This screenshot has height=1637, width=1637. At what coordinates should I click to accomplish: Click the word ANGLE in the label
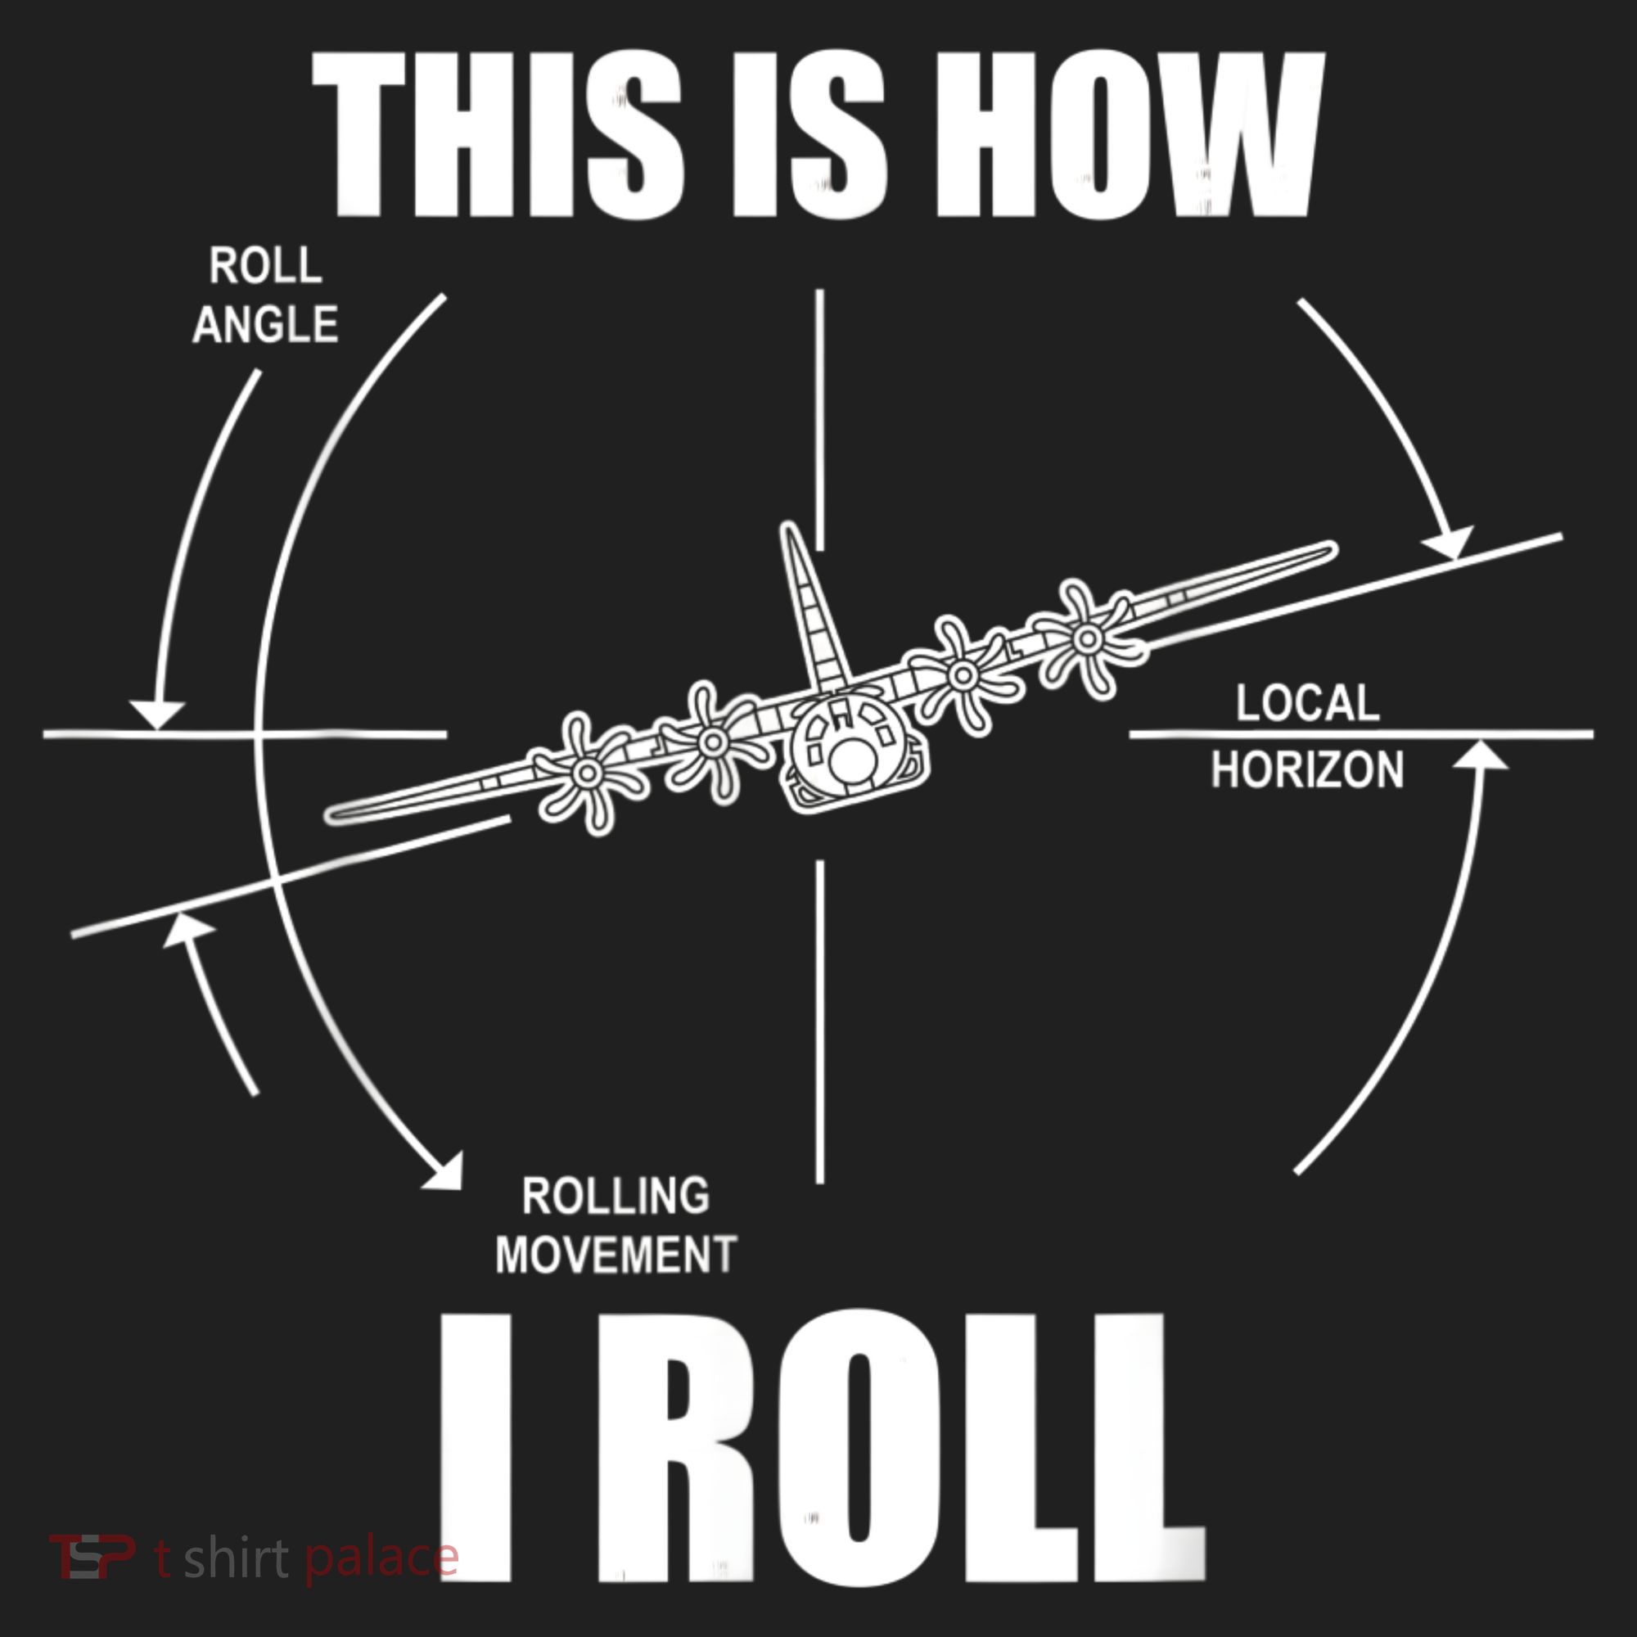point(265,324)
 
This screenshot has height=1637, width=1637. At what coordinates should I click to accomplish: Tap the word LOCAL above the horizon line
point(1307,703)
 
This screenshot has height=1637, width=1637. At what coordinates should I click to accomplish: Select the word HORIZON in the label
point(1307,770)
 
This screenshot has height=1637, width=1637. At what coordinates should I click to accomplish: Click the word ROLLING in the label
point(616,1196)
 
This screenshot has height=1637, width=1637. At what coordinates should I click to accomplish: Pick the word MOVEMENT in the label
point(616,1255)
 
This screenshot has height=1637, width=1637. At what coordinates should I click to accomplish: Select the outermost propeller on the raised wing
point(1085,636)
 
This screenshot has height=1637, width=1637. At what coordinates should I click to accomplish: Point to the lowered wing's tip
point(332,815)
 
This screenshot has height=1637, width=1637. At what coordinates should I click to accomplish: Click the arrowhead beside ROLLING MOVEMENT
point(444,1170)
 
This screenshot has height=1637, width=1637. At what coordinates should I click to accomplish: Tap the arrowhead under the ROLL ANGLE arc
point(157,715)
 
